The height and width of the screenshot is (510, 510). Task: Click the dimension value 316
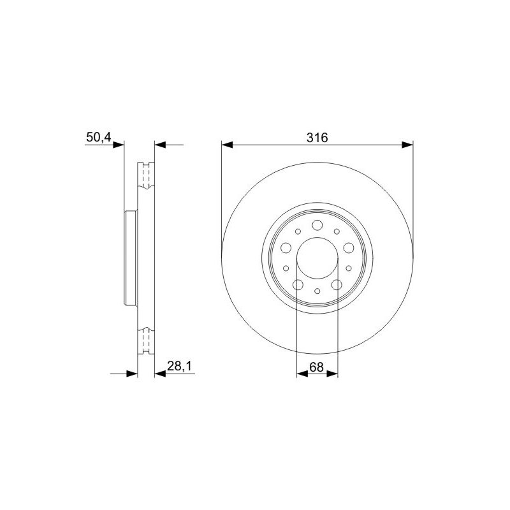click(x=317, y=138)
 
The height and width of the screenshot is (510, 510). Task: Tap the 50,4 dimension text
click(x=99, y=137)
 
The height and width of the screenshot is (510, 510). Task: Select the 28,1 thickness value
click(x=180, y=366)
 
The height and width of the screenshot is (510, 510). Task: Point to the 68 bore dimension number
click(x=316, y=367)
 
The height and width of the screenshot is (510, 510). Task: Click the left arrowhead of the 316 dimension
click(x=227, y=145)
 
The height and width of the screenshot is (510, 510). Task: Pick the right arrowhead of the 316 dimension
click(x=407, y=145)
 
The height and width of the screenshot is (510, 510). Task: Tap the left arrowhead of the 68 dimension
click(x=302, y=374)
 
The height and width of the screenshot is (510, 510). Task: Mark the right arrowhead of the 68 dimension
click(x=332, y=374)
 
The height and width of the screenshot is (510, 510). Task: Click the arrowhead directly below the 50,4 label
click(x=119, y=145)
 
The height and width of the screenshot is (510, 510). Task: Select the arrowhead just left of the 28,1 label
click(x=160, y=374)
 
